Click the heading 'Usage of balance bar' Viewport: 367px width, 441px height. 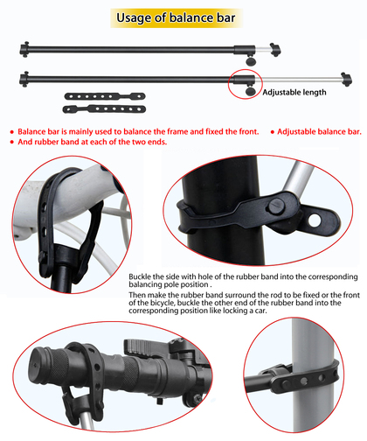coord(176,17)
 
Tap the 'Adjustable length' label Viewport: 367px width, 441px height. coord(294,93)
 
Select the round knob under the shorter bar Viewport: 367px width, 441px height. coord(251,61)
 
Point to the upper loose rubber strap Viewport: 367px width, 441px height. coord(105,96)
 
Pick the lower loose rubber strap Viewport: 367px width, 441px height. coord(104,109)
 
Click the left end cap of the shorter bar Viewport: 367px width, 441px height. coord(24,49)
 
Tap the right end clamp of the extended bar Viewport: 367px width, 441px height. coord(347,80)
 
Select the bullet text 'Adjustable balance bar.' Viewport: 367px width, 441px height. coord(319,132)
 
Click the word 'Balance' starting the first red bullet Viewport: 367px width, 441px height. coord(31,132)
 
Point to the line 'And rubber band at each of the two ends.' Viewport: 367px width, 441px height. coord(93,142)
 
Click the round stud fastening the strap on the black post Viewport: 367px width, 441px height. coord(277,206)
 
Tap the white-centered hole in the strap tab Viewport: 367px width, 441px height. coord(315,220)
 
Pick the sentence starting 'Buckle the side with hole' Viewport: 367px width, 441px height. coord(243,280)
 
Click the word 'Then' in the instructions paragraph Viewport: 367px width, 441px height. coord(137,295)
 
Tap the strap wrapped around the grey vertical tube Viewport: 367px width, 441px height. coord(308,379)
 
